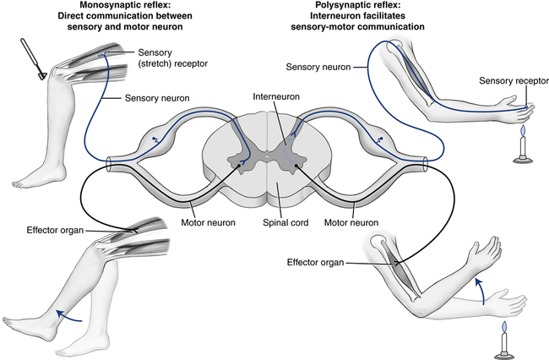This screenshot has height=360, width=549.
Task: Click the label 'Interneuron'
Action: pos(275,97)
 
